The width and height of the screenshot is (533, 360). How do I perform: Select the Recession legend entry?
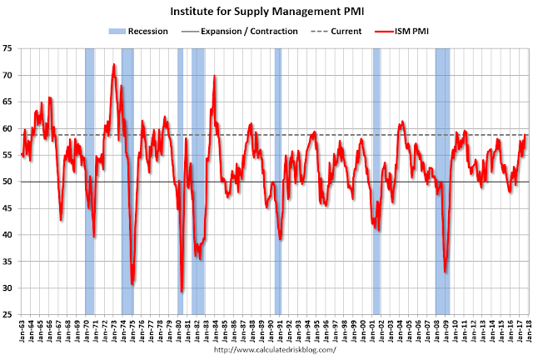(139, 31)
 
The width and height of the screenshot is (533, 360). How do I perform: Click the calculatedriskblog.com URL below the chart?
(266, 351)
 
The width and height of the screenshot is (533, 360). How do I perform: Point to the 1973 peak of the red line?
(113, 64)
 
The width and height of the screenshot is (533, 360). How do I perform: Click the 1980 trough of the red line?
(182, 291)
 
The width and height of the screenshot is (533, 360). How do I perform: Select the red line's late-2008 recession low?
(446, 272)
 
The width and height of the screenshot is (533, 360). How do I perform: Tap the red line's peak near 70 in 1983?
(215, 77)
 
